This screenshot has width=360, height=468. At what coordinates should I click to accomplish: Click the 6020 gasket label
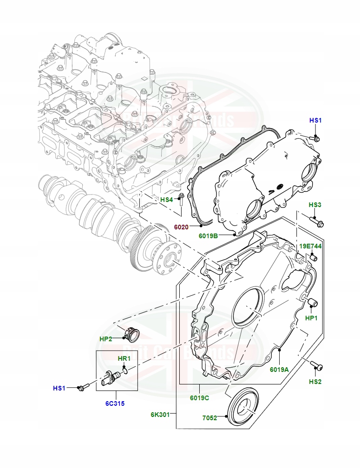click(x=182, y=227)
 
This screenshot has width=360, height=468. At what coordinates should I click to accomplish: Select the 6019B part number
click(x=208, y=236)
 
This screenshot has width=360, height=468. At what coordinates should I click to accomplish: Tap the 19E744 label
click(x=310, y=246)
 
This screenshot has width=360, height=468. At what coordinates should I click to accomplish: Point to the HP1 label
click(x=311, y=318)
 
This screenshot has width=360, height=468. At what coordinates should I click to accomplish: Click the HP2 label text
click(x=106, y=339)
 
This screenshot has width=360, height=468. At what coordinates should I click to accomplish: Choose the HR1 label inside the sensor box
click(x=124, y=358)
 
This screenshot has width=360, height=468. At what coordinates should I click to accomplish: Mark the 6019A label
click(x=279, y=370)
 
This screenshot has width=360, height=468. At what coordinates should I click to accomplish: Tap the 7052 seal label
click(x=210, y=418)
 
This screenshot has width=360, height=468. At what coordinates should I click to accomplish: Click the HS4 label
click(x=166, y=200)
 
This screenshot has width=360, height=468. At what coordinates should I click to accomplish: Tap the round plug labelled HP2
click(x=132, y=334)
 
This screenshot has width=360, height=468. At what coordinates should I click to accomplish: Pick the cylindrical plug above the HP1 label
click(x=312, y=303)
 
